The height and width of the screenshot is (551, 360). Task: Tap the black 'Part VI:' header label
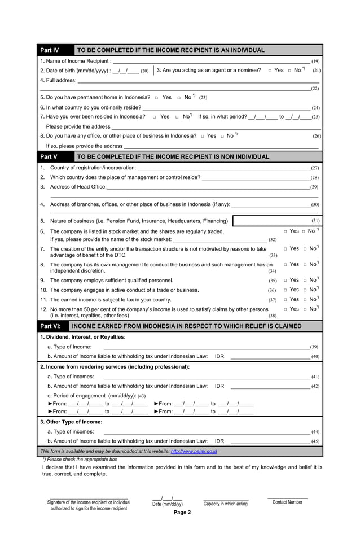tap(52, 326)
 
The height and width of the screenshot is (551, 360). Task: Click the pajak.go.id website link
tap(194, 452)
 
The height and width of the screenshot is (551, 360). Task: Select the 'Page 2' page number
tap(182, 513)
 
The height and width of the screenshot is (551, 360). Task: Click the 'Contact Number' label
tap(287, 502)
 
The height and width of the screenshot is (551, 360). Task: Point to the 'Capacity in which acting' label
tap(225, 504)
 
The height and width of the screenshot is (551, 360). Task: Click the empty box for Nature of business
tap(271, 221)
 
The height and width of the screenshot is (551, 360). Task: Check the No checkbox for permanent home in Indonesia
tap(179, 98)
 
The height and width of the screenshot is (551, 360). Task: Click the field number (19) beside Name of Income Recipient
tap(315, 61)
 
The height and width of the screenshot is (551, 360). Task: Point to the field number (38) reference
tap(272, 316)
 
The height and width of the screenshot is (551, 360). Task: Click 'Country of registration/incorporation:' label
tap(93, 168)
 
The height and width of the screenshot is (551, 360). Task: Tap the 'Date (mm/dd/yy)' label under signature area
tap(168, 504)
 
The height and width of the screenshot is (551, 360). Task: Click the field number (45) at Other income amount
tap(315, 441)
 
